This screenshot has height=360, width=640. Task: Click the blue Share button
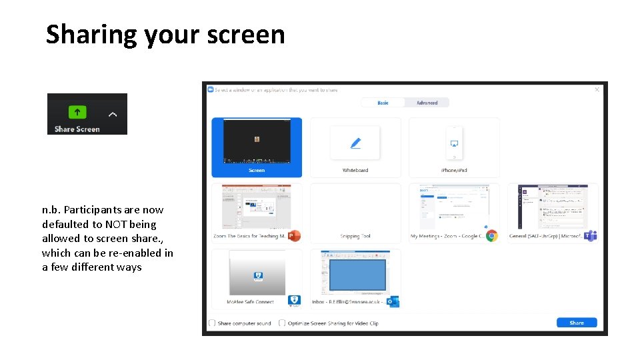tap(577, 323)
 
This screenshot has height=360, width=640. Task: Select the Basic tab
tap(383, 103)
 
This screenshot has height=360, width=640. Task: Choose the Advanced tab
tap(427, 103)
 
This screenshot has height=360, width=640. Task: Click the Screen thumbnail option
tap(257, 142)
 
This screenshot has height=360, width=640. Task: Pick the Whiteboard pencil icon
tap(355, 143)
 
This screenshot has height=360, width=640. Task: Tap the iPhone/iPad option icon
tap(454, 143)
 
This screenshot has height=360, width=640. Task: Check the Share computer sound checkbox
tap(212, 323)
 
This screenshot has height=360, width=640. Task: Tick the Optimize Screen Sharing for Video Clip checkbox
tap(282, 323)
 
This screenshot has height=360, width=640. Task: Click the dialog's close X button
tap(597, 89)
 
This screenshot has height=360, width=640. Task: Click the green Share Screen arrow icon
tap(77, 112)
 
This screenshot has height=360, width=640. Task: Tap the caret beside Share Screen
tap(113, 114)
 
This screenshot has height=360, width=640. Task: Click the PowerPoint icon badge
tap(294, 235)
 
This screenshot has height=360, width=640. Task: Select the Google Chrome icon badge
tap(491, 235)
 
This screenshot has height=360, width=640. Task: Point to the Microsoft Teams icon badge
tap(590, 235)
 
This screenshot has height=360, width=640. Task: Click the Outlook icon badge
tap(393, 301)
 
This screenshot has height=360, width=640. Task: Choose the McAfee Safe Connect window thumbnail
tap(257, 273)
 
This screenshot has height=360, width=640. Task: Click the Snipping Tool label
tap(355, 236)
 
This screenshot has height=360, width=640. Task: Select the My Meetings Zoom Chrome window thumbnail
tap(454, 207)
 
